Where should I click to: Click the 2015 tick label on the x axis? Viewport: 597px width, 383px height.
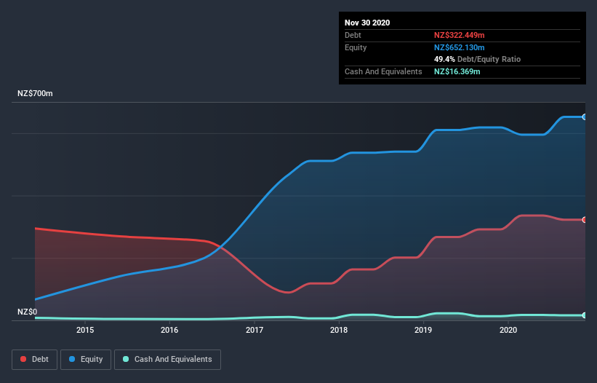(85, 331)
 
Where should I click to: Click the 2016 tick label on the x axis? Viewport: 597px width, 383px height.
(169, 331)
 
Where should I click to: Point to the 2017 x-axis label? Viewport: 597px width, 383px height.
(255, 331)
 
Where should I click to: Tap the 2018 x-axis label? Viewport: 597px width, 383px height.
(339, 331)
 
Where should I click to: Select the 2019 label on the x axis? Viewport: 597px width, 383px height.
(424, 331)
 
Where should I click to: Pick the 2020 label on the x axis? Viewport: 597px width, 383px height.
(508, 331)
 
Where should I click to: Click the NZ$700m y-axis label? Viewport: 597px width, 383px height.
(36, 94)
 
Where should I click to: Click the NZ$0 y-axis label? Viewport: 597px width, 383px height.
(28, 312)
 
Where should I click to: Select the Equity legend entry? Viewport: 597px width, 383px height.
(86, 359)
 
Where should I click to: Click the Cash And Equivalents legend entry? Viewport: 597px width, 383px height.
(167, 359)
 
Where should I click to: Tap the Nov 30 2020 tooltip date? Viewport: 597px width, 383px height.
(367, 23)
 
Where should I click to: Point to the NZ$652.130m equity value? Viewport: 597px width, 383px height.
(459, 47)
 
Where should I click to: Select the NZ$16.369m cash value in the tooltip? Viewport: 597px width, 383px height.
(457, 71)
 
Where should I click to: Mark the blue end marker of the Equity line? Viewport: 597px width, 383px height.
(584, 117)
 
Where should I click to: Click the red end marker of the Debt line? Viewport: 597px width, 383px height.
(584, 220)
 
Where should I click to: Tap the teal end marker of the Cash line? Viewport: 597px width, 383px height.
(584, 315)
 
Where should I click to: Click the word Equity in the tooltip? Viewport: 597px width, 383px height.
(356, 47)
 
